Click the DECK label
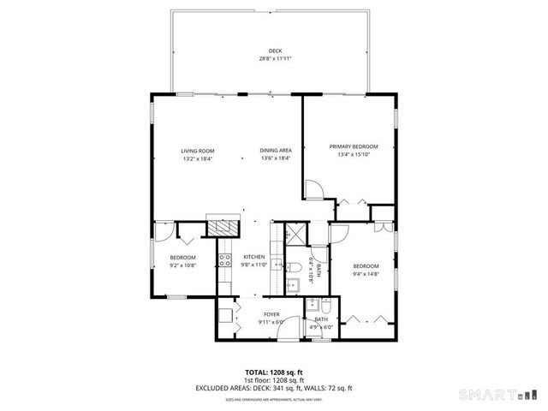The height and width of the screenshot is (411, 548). (275, 51)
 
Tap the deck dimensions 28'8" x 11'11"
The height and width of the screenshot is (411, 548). (275, 59)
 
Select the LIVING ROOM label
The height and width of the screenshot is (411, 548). (196, 151)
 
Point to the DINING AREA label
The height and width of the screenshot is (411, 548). (276, 151)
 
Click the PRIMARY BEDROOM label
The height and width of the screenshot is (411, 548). (353, 146)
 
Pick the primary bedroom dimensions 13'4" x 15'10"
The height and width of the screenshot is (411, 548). (353, 155)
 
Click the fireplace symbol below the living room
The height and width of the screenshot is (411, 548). (225, 228)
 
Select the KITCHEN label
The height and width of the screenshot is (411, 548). (253, 257)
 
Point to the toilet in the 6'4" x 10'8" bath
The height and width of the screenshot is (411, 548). (294, 267)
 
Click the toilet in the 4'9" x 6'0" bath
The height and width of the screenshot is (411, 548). (313, 307)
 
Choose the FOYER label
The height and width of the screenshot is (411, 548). (271, 314)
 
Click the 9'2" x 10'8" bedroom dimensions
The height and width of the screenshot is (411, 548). (182, 266)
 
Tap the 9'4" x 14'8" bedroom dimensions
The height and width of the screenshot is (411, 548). (366, 274)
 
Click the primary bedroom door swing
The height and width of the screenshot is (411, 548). (313, 188)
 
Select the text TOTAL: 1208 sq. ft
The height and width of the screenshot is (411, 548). (274, 372)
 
